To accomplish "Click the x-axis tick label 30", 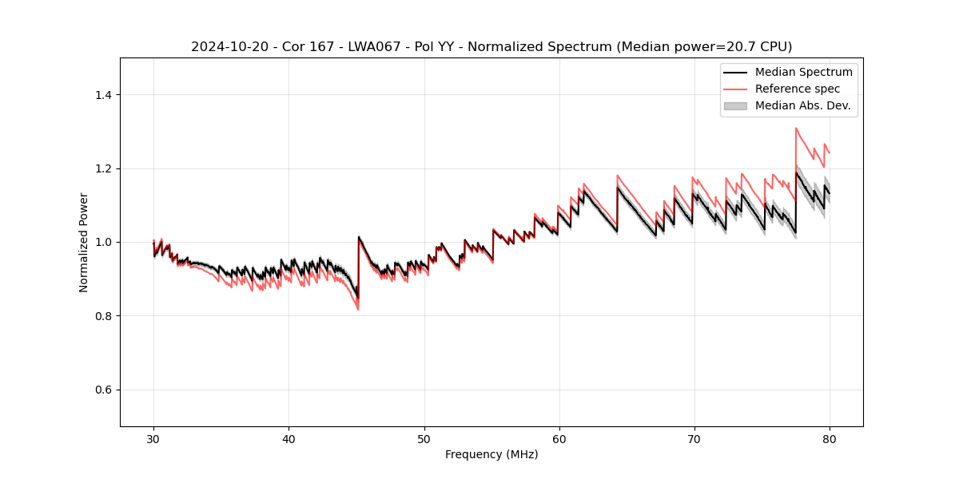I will point(153,438).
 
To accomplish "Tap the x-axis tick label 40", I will point(288,438).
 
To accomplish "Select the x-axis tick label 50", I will point(424,438).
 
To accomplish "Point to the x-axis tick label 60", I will point(559,438).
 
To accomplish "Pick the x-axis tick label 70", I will point(694,438).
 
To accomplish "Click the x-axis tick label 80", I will point(830,438).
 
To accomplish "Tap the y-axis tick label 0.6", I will point(103,390).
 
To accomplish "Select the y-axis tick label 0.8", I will point(103,316).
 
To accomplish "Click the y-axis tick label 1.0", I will point(103,242).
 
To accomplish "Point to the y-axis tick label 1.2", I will point(103,168).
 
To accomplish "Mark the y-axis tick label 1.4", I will point(103,95).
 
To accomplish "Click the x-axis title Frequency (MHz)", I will point(491,454).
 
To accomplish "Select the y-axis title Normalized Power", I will point(84,242).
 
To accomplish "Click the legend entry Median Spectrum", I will point(803,72).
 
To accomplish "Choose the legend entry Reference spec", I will point(797,89).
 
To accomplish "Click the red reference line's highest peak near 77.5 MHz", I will point(796,128).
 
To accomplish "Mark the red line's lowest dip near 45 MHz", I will point(357,309).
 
